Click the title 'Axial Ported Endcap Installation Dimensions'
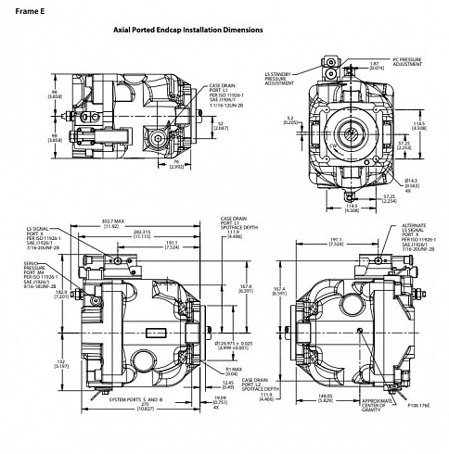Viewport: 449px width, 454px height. (188, 31)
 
